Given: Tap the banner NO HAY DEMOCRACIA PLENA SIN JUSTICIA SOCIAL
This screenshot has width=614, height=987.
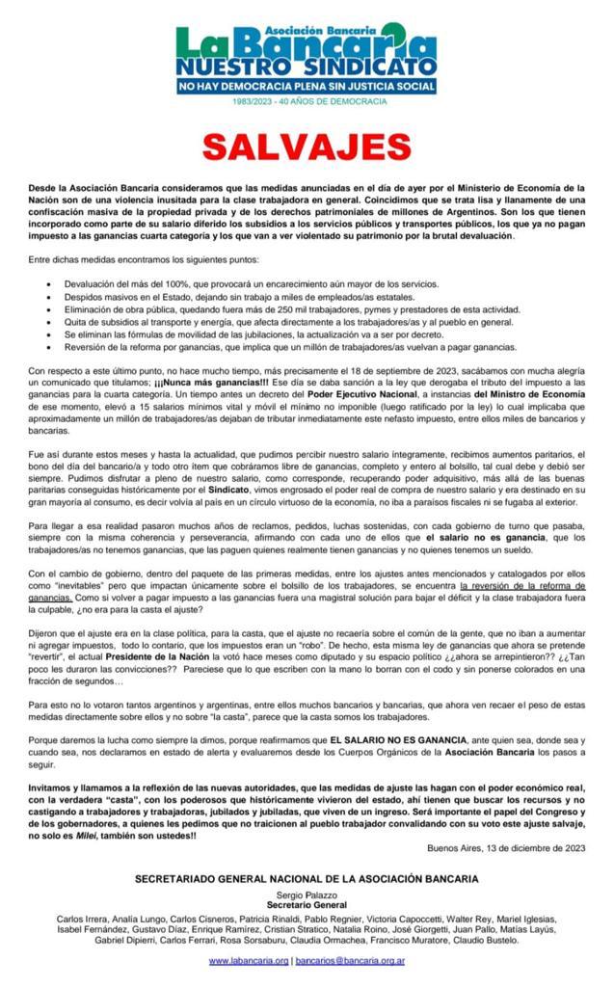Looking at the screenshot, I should tap(307, 87).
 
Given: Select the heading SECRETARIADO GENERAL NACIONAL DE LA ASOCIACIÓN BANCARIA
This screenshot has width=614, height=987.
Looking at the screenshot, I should tap(306, 879).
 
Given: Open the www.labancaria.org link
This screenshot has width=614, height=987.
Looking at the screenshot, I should tap(249, 961).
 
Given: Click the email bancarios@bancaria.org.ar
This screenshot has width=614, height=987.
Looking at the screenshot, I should tap(350, 961).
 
